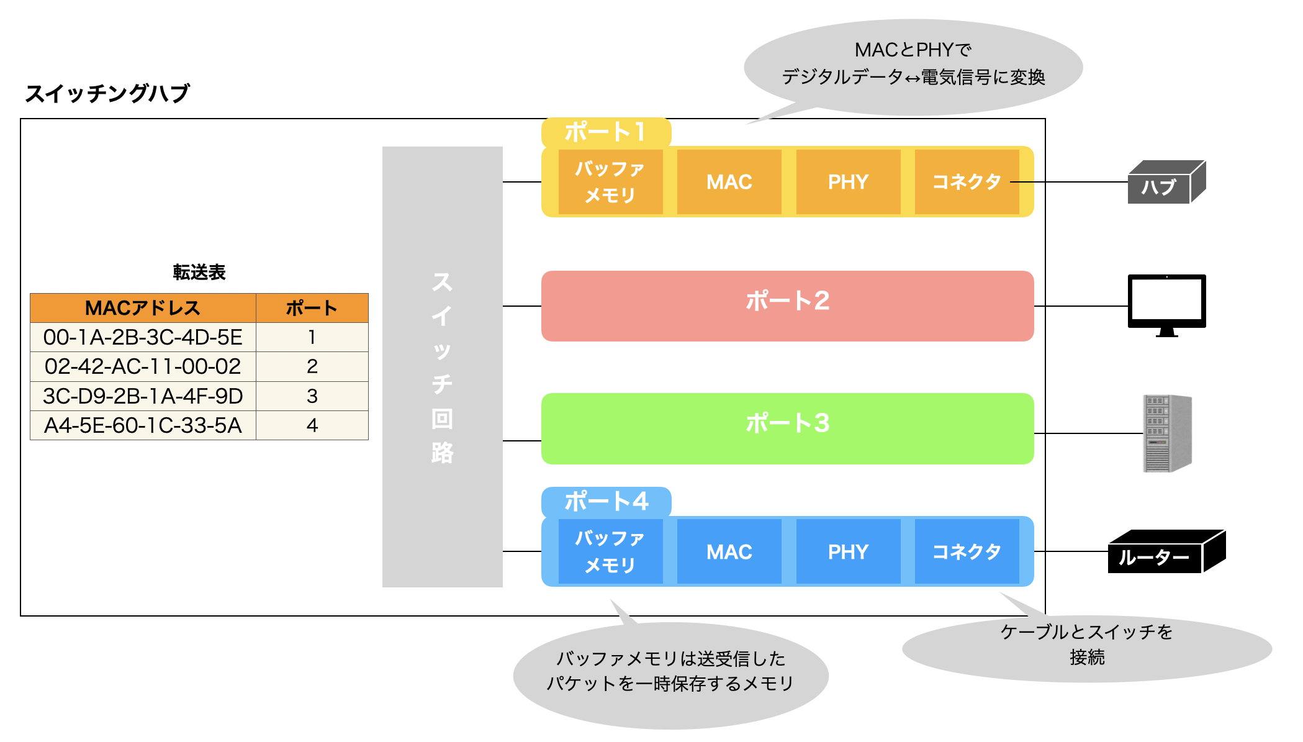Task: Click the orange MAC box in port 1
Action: (x=729, y=182)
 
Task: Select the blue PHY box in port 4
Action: (x=848, y=551)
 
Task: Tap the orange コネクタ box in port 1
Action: (x=967, y=182)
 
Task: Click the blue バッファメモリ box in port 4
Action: (x=610, y=551)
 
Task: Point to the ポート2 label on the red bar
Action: (x=787, y=301)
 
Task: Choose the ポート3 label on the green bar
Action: (x=787, y=423)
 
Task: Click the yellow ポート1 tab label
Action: (x=605, y=132)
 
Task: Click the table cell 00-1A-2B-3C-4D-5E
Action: (x=143, y=337)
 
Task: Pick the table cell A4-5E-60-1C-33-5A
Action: (x=143, y=425)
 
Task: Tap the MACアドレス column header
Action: (x=143, y=308)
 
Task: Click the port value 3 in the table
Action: (x=312, y=396)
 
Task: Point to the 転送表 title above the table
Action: (x=199, y=272)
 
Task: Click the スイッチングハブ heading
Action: (x=107, y=94)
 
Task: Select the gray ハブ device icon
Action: (x=1165, y=183)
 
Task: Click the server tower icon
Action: (x=1166, y=433)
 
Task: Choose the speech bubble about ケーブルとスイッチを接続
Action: (x=1086, y=646)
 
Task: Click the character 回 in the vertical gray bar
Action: (x=442, y=419)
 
